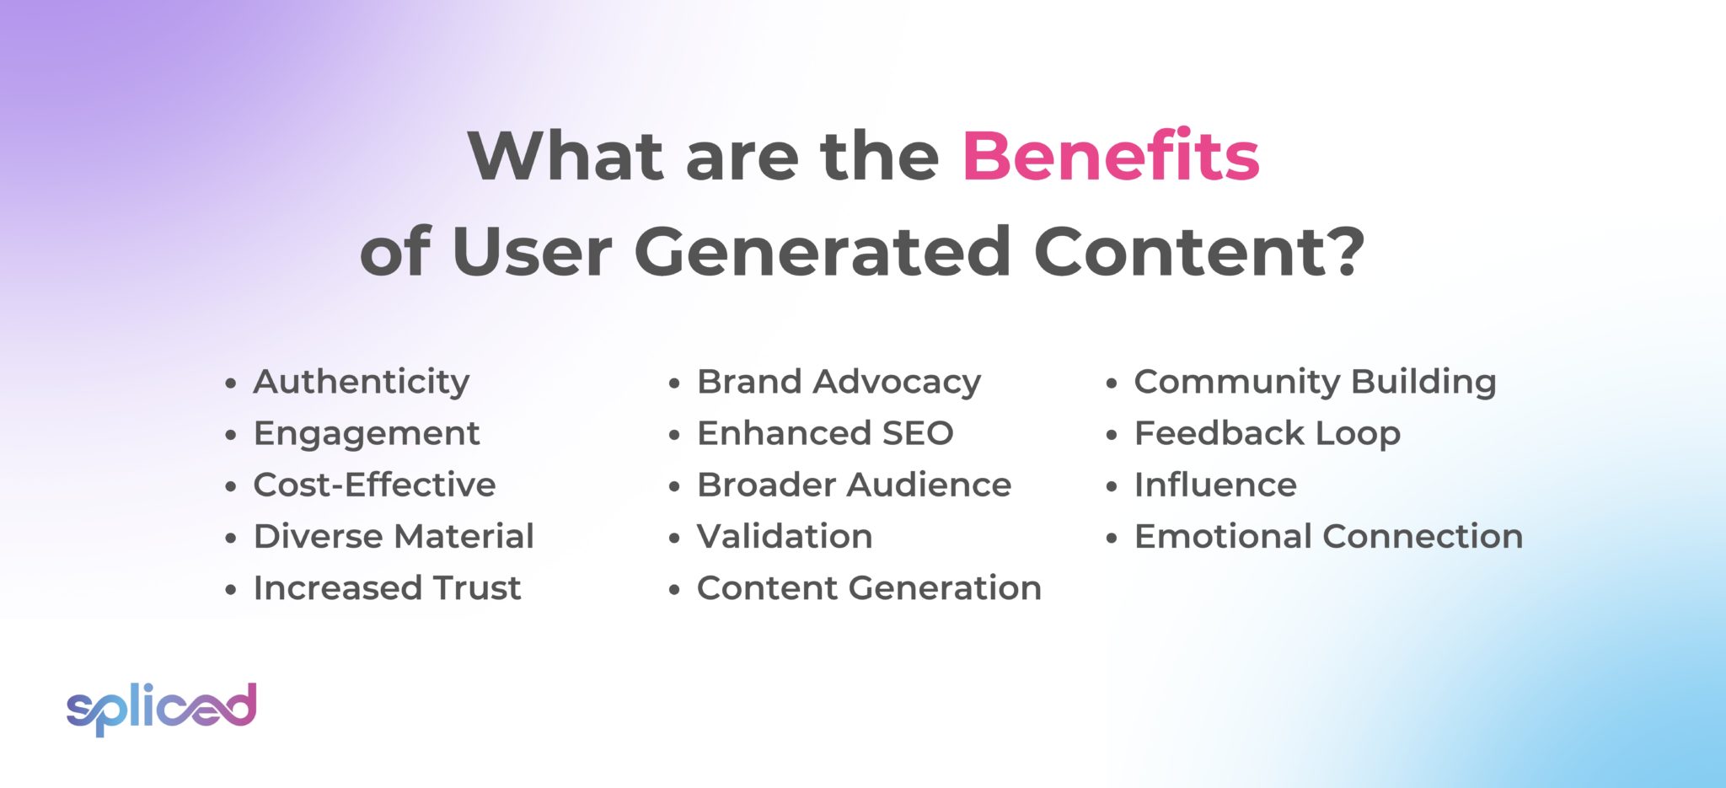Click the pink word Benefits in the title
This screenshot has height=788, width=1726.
1110,157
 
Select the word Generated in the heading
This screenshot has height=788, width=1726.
822,252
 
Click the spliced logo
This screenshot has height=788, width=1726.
161,708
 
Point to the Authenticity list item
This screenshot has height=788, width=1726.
361,383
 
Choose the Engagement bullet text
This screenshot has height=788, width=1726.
366,434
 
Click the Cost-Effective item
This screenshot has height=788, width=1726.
374,485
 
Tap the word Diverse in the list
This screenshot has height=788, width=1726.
318,537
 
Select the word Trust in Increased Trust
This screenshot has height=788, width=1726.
476,588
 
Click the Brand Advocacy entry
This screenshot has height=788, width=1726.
839,383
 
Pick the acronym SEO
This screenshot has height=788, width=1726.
917,434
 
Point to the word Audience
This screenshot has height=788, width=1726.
930,485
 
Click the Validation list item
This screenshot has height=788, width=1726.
784,537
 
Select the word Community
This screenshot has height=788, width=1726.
1236,383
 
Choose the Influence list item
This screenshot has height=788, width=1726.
1214,485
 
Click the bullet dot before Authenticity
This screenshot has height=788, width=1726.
231,384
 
